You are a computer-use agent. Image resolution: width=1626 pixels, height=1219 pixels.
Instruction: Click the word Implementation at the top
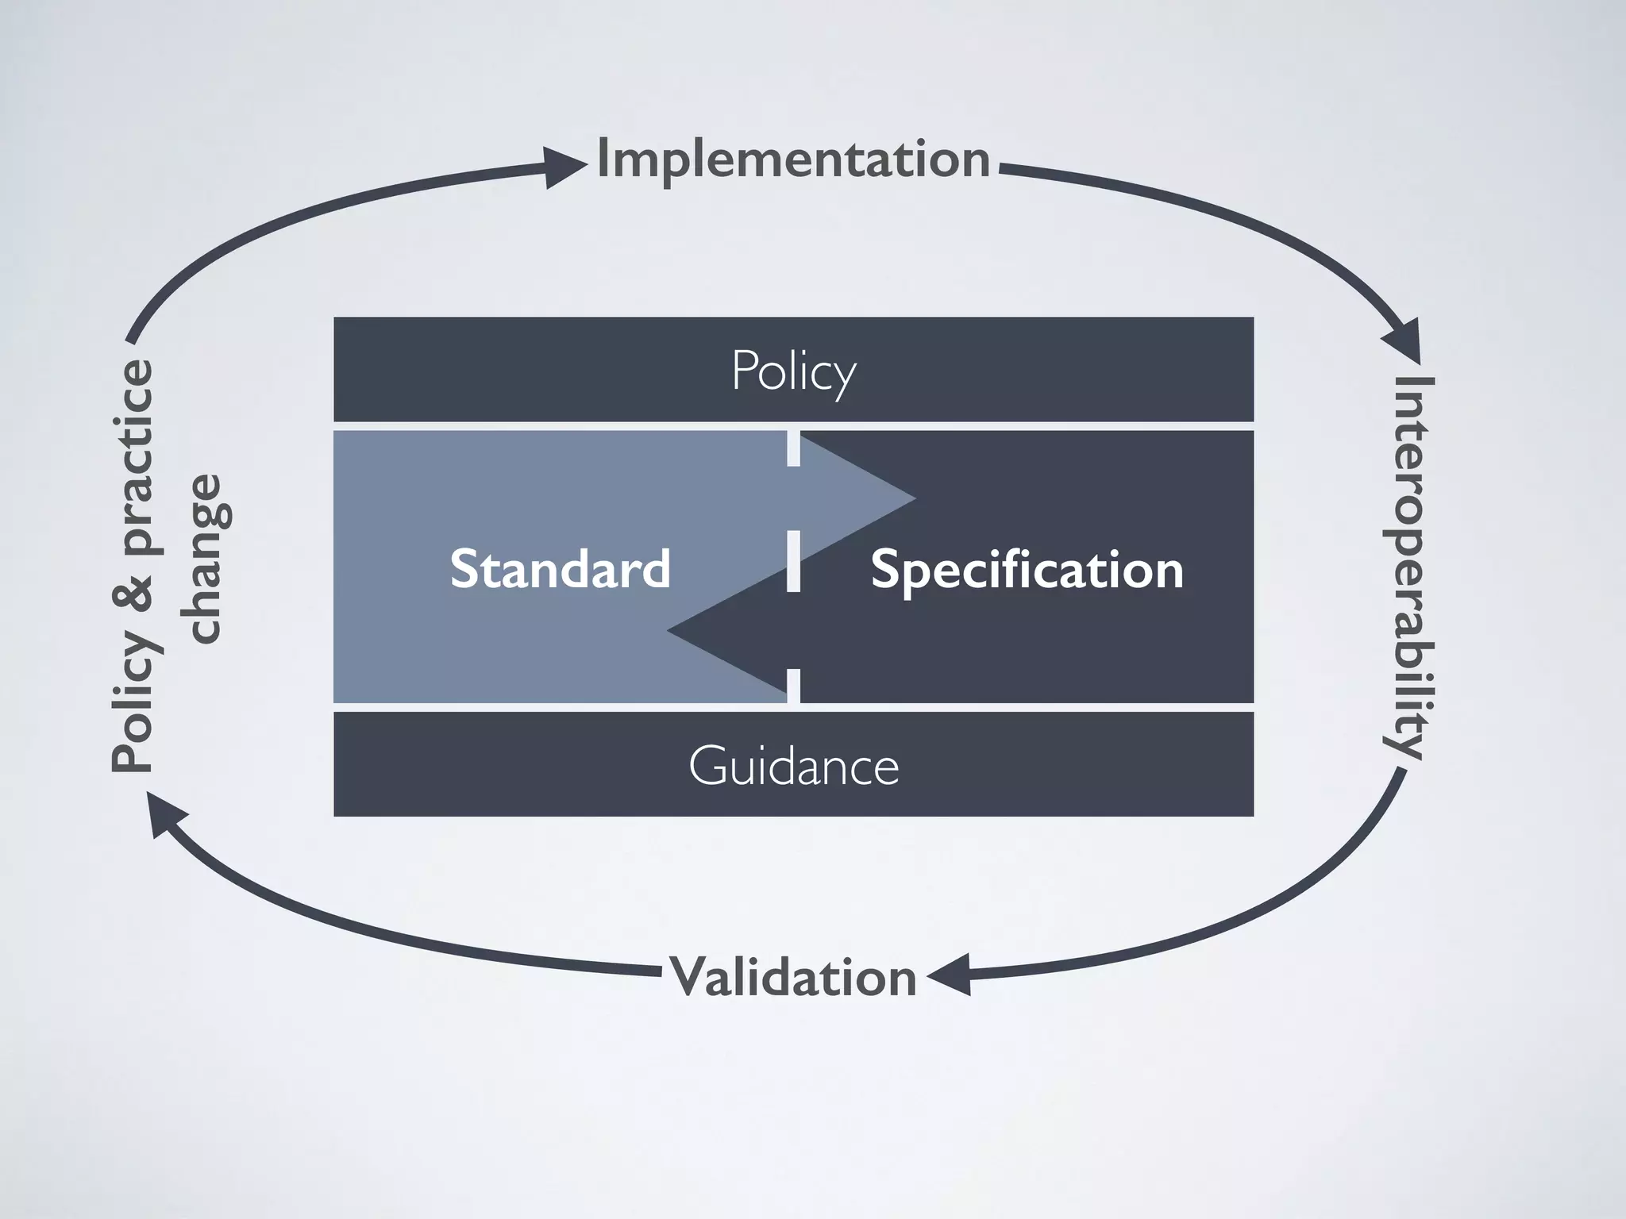[x=793, y=160]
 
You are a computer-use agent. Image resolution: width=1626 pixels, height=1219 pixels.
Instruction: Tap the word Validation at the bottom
[x=793, y=976]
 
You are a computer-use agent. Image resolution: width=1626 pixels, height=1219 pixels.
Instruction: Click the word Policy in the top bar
[x=793, y=370]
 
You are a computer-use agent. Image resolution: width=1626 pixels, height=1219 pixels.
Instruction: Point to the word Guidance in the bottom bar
[x=793, y=765]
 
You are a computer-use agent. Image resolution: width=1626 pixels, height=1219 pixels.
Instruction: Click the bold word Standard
[x=560, y=568]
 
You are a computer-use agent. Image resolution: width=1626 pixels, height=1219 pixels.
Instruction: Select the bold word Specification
[x=1027, y=569]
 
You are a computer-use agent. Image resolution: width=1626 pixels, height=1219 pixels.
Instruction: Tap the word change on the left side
[x=203, y=559]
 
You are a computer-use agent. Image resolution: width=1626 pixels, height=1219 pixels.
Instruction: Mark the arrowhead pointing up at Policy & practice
[x=165, y=816]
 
